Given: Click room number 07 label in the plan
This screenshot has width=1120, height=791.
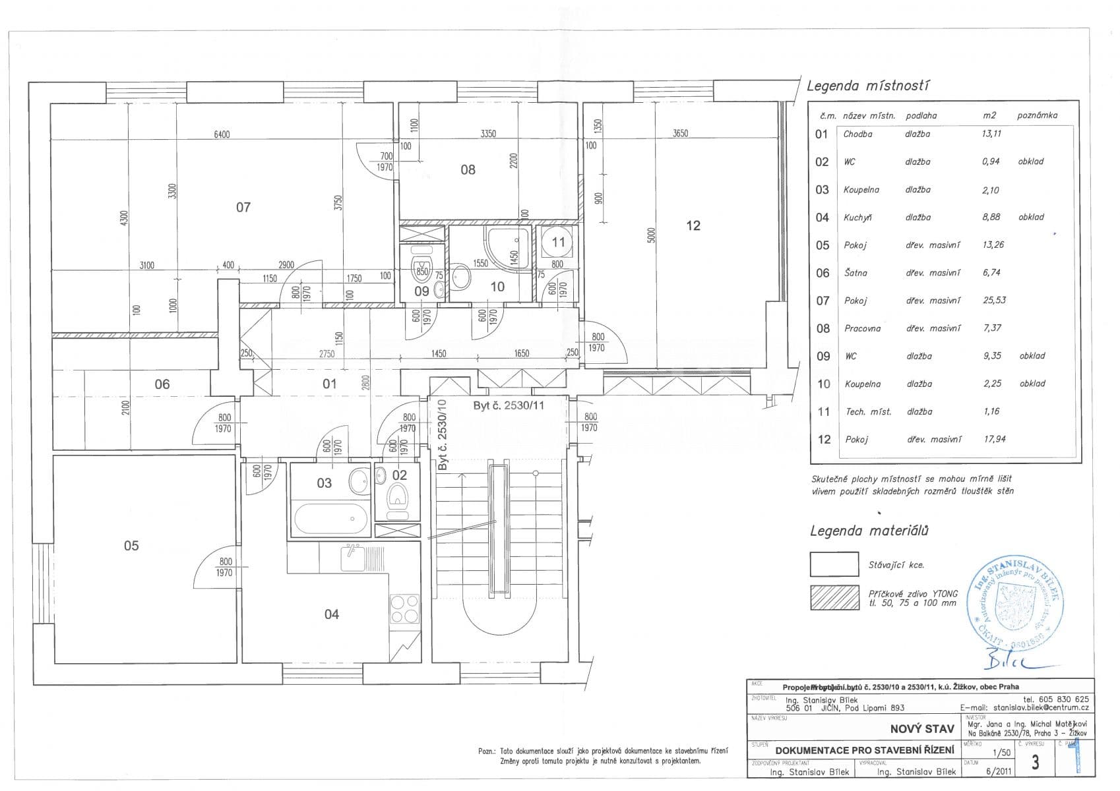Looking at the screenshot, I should tap(243, 208).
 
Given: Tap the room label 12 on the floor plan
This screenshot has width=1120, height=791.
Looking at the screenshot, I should tap(693, 225).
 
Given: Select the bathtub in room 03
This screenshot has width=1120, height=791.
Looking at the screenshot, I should tap(332, 520).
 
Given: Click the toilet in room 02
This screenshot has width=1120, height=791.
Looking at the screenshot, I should tap(398, 496).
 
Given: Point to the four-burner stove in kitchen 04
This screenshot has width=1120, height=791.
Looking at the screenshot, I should tap(404, 608).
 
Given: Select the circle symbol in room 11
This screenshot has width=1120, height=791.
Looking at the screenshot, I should tap(558, 243).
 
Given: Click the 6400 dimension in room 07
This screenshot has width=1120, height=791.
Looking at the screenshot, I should tap(222, 134).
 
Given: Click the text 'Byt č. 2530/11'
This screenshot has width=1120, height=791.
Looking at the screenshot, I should tap(509, 405).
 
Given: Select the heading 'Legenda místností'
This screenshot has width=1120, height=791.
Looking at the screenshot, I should tap(869, 86).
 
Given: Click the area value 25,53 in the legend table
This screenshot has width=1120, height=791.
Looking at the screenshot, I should tap(993, 301).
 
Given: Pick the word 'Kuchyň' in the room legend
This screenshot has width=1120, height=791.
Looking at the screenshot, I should tap(857, 218).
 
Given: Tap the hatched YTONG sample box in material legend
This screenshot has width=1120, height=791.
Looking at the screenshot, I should tap(834, 597).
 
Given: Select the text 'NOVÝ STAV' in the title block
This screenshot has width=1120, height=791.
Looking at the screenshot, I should tap(922, 728).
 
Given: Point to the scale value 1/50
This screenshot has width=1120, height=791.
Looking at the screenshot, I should tap(1001, 752).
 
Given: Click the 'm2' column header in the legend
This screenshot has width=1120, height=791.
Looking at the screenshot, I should tap(989, 115).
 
